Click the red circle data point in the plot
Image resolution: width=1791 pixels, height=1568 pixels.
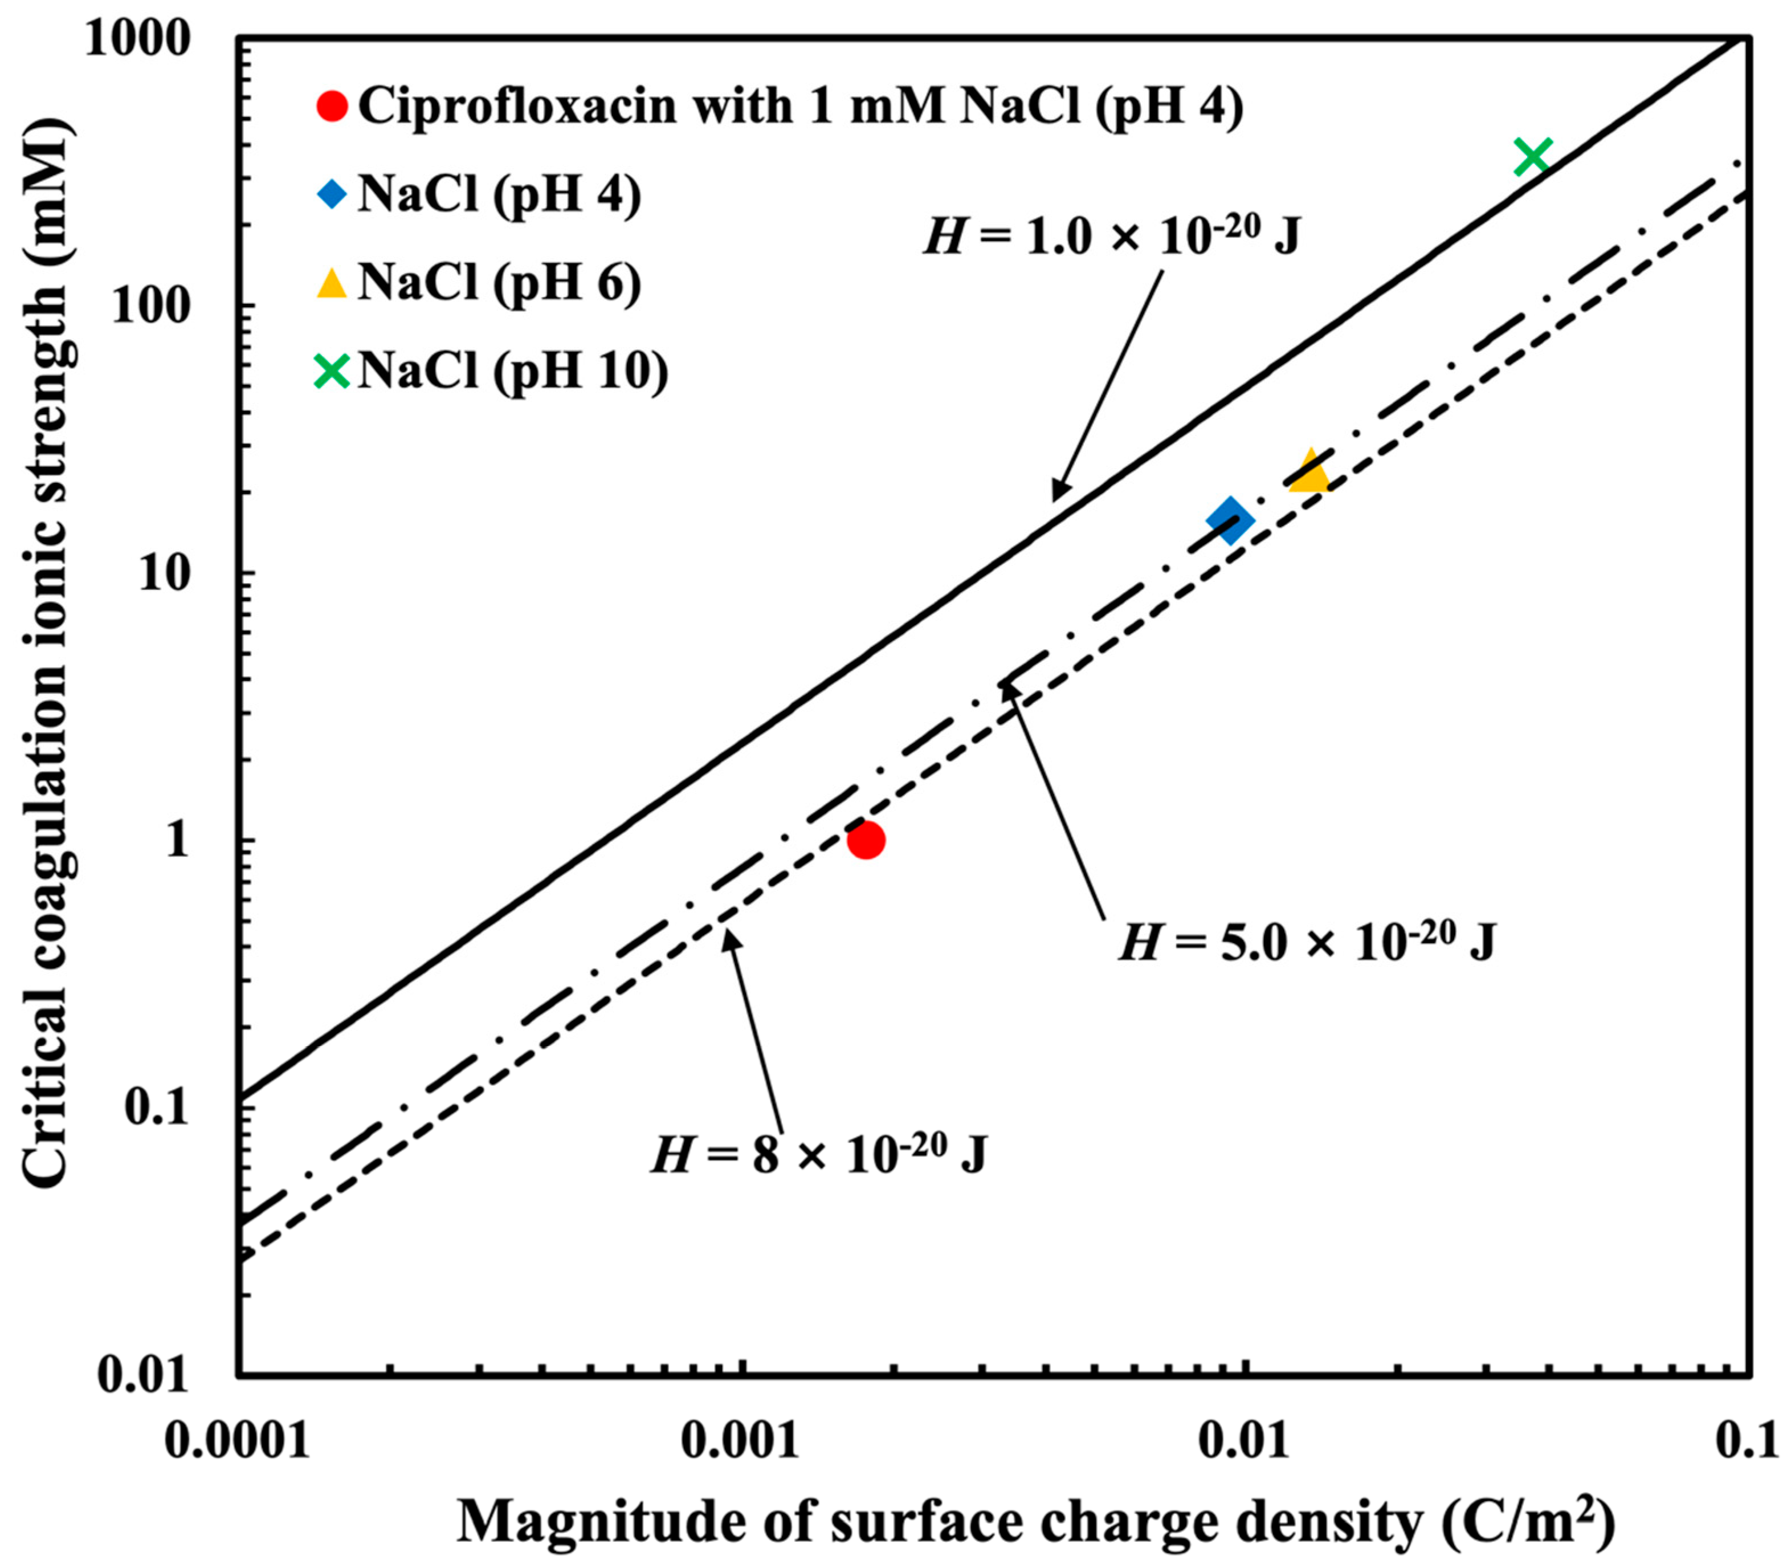pos(866,840)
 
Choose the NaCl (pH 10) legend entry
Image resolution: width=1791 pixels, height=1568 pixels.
pos(512,371)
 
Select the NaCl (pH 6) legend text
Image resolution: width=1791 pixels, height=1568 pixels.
pos(499,283)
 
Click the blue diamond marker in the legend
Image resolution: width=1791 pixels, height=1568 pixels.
pos(332,194)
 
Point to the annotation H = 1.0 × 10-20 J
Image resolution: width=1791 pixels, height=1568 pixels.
pos(1111,236)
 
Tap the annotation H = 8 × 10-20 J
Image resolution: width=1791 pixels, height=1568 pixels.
pos(819,1155)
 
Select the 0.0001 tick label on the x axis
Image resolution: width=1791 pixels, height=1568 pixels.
pos(238,1444)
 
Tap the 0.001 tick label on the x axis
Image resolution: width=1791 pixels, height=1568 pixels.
pos(742,1444)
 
